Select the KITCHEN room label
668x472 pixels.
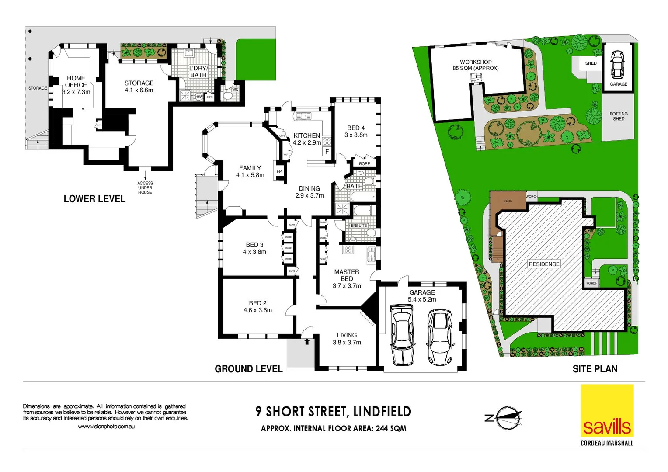(x=306, y=136)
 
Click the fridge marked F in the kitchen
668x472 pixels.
(x=327, y=152)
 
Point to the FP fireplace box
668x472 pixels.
(x=279, y=171)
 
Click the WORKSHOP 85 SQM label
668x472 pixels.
(x=475, y=65)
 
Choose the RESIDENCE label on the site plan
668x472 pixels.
(x=544, y=264)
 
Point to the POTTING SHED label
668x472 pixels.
(x=618, y=116)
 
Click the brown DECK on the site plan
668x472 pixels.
(x=507, y=201)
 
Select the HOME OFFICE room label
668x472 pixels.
(x=76, y=82)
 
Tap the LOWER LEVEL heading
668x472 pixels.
(x=94, y=199)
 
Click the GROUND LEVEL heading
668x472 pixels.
(x=248, y=369)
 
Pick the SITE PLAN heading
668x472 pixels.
(x=595, y=369)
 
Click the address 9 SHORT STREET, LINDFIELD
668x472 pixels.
(x=333, y=412)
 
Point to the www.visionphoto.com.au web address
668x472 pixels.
(x=106, y=427)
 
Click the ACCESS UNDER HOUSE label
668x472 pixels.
(x=145, y=188)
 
